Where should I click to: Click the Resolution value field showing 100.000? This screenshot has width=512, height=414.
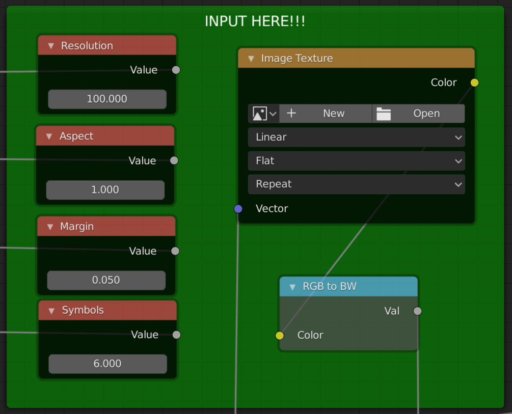pyautogui.click(x=107, y=99)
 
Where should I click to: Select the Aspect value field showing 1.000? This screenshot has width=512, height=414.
pyautogui.click(x=105, y=190)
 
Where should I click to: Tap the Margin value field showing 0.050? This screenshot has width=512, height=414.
pyautogui.click(x=106, y=280)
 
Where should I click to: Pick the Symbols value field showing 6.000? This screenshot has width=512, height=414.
pyautogui.click(x=107, y=364)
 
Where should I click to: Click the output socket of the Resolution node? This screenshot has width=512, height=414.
pyautogui.click(x=176, y=70)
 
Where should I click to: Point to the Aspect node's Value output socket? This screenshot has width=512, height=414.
pyautogui.click(x=174, y=160)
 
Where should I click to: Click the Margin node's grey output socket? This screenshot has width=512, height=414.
pyautogui.click(x=175, y=251)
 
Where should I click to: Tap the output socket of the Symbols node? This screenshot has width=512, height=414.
pyautogui.click(x=176, y=335)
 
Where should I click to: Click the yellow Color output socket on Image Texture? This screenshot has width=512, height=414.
pyautogui.click(x=474, y=82)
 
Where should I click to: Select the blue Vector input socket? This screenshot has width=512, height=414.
pyautogui.click(x=238, y=209)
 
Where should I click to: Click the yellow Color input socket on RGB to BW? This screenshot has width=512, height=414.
pyautogui.click(x=280, y=335)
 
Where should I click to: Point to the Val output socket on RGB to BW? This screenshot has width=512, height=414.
pyautogui.click(x=417, y=311)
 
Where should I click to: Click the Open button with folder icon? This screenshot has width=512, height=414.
pyautogui.click(x=418, y=114)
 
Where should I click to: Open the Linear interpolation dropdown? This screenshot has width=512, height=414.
pyautogui.click(x=356, y=137)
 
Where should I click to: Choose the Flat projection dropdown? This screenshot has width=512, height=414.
pyautogui.click(x=356, y=160)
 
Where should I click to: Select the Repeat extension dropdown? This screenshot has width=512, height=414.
pyautogui.click(x=356, y=184)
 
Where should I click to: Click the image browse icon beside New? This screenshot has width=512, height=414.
pyautogui.click(x=264, y=114)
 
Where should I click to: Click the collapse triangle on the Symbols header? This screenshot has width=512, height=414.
pyautogui.click(x=51, y=311)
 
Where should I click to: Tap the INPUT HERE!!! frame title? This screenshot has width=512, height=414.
pyautogui.click(x=255, y=21)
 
